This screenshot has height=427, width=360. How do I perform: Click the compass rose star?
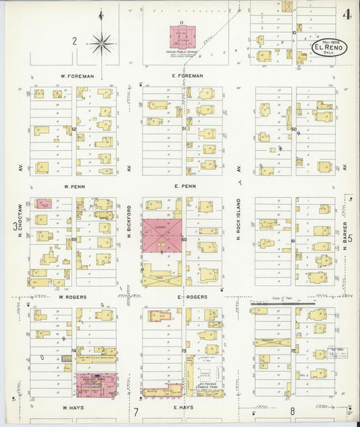click(102, 43)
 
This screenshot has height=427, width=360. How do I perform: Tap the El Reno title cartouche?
click(330, 48)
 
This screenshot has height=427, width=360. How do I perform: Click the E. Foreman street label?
click(188, 76)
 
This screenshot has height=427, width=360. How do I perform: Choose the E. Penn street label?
click(185, 186)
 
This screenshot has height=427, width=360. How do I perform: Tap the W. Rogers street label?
click(70, 297)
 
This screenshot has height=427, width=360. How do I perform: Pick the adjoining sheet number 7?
click(135, 411)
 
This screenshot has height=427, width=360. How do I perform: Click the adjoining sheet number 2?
click(75, 41)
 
